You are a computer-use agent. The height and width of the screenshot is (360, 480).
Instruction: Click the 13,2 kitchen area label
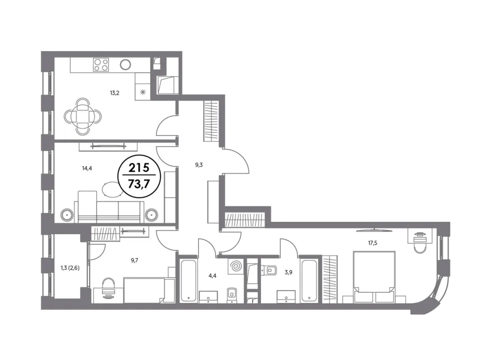(x=114, y=93)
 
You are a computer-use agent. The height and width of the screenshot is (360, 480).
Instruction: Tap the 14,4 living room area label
(x=87, y=168)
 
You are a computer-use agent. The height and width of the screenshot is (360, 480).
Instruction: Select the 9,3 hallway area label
(x=198, y=165)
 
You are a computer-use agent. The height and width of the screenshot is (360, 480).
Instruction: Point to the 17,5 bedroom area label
(x=372, y=243)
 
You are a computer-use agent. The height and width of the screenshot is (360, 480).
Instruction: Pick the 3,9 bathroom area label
(x=288, y=272)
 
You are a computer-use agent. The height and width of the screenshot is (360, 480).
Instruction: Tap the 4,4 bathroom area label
(x=212, y=275)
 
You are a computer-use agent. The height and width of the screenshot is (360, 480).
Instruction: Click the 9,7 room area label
(x=134, y=260)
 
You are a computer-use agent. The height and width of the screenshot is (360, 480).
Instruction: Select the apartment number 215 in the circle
(x=139, y=168)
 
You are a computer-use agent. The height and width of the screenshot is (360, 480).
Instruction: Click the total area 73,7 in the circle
(x=139, y=184)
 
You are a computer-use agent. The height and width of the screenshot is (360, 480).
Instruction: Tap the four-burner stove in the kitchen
(x=101, y=64)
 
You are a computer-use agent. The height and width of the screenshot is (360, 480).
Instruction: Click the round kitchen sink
(x=125, y=64)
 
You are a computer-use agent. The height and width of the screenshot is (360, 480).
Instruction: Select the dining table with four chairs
(x=82, y=116)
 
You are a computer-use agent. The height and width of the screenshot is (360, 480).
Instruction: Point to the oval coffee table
(x=111, y=190)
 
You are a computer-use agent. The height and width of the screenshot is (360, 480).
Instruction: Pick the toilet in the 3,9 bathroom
(x=269, y=270)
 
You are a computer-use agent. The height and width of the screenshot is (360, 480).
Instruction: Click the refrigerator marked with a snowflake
(x=142, y=92)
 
